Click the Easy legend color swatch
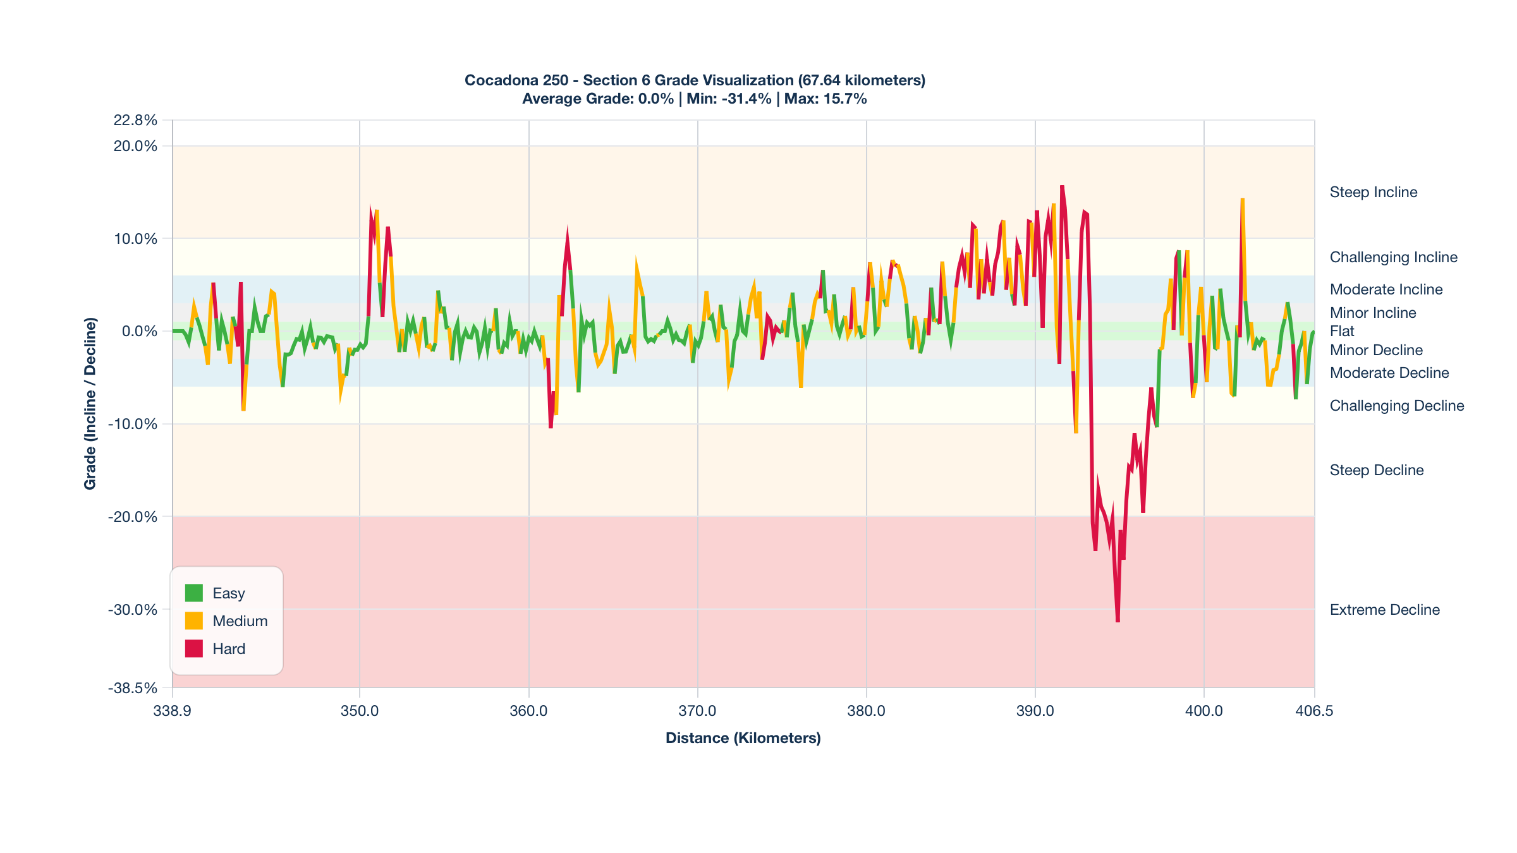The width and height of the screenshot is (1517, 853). [x=193, y=593]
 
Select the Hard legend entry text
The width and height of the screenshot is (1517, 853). [x=229, y=649]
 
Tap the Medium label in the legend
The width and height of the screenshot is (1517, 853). [x=240, y=621]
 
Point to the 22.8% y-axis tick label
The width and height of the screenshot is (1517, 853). [x=135, y=120]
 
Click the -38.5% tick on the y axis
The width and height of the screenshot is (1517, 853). [x=133, y=688]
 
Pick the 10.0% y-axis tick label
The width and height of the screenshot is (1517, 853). [x=135, y=239]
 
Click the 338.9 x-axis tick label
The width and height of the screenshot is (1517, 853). [x=173, y=711]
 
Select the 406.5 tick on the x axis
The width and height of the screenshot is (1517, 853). [x=1314, y=711]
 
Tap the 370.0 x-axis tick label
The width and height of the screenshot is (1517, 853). [x=697, y=711]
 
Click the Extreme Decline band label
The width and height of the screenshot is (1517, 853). [x=1384, y=610]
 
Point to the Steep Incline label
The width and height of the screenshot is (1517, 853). [x=1373, y=192]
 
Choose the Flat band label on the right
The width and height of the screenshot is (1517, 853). [x=1342, y=331]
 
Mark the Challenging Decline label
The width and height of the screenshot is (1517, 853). [x=1396, y=406]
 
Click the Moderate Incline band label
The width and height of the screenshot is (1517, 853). [x=1386, y=289]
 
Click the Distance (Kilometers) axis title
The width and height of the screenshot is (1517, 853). [x=743, y=738]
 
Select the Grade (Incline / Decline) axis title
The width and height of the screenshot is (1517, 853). [x=90, y=403]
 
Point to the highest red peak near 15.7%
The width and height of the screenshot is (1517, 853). [x=1062, y=186]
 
